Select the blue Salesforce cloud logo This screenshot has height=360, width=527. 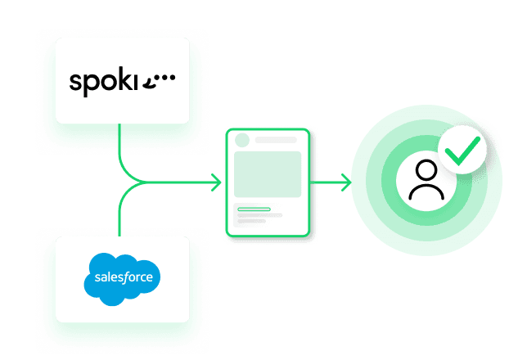[x=123, y=278]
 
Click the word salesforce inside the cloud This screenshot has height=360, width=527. [x=123, y=277]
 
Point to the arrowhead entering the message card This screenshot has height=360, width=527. [x=216, y=182]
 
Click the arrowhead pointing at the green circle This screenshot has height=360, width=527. [x=347, y=182]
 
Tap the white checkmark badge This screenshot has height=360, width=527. [x=462, y=150]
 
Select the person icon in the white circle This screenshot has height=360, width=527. [x=426, y=182]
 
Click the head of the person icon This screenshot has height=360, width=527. [x=426, y=171]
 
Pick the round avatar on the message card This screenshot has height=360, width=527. [x=242, y=140]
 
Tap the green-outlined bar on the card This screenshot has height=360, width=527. [x=254, y=209]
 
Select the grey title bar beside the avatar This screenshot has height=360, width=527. [x=276, y=140]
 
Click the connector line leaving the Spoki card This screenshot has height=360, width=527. [x=121, y=147]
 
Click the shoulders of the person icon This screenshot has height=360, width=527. [x=426, y=193]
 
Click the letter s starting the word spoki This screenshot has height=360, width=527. [x=74, y=82]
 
